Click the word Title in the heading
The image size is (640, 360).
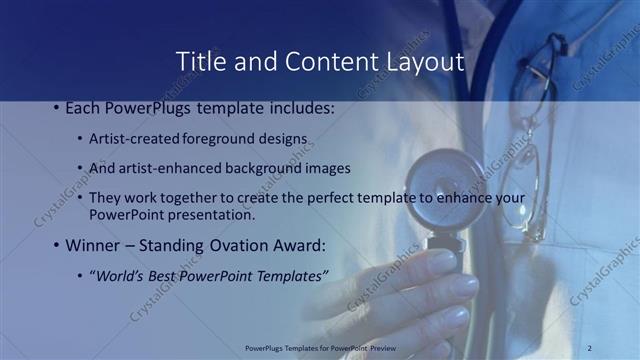pyautogui.click(x=200, y=62)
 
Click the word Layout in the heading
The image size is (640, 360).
pyautogui.click(x=425, y=62)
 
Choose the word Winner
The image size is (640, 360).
pyautogui.click(x=96, y=245)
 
